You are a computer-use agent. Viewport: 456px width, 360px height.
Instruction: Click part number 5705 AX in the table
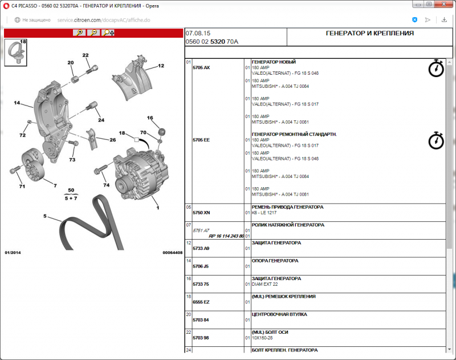click(x=201, y=68)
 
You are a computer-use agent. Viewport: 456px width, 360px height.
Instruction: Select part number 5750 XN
click(x=201, y=212)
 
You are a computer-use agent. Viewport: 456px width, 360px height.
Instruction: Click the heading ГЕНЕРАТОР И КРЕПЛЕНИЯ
click(x=369, y=34)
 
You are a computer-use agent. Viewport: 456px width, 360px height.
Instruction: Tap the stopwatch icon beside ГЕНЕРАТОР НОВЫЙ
click(x=436, y=68)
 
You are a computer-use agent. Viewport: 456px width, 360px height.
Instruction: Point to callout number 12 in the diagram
click(x=161, y=66)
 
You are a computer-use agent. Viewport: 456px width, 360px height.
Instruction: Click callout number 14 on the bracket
click(x=17, y=103)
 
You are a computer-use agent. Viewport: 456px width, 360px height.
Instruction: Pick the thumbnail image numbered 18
click(x=17, y=53)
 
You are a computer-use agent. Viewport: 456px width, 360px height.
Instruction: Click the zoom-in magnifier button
click(x=79, y=33)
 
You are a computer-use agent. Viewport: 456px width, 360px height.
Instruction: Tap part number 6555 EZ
click(x=201, y=302)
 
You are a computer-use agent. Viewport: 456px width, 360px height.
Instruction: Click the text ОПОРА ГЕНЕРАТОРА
click(x=275, y=261)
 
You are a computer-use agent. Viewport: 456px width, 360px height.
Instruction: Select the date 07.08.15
click(x=198, y=33)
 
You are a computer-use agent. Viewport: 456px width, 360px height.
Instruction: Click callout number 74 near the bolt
click(x=106, y=185)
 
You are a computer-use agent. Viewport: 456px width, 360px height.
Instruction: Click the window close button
click(x=444, y=5)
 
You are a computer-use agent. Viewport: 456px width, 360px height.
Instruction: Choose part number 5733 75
click(x=201, y=284)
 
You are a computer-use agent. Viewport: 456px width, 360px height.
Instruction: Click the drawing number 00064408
click(x=172, y=252)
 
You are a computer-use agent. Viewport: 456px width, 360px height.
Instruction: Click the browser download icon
click(x=444, y=19)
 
